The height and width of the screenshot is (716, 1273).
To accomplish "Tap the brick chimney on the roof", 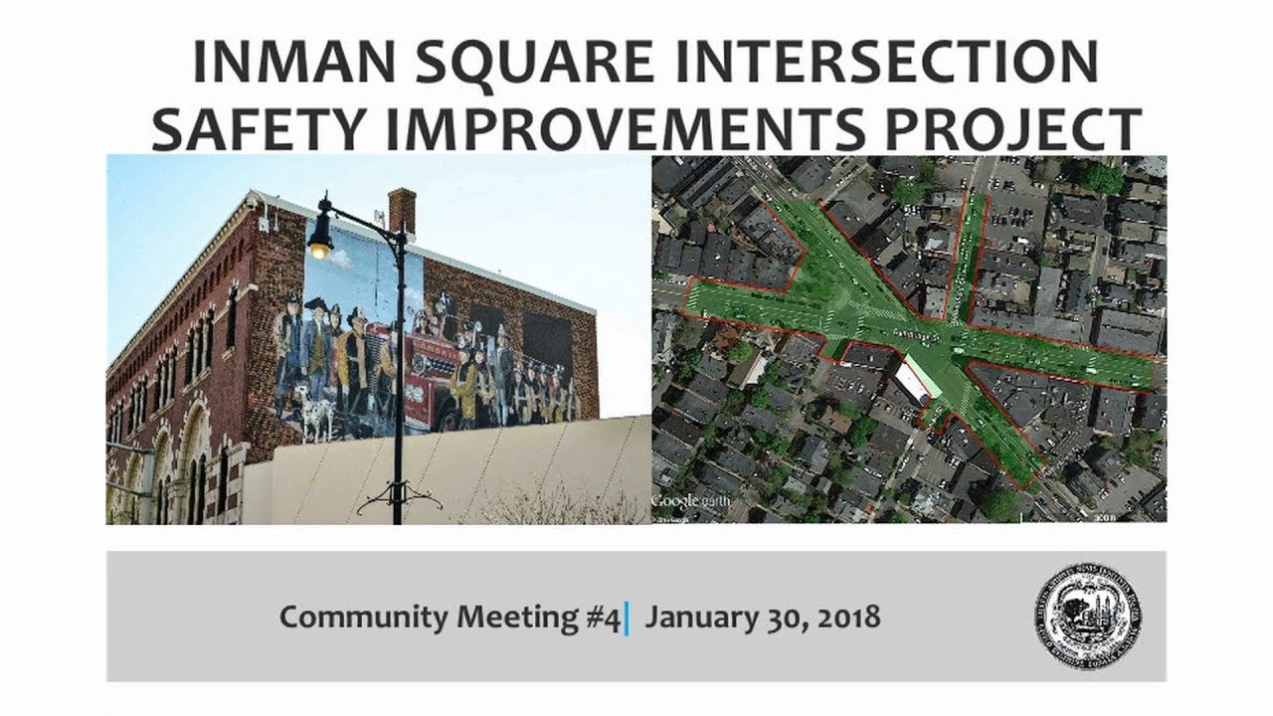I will click(402, 210).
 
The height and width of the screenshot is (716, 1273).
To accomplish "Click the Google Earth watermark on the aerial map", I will click(687, 501).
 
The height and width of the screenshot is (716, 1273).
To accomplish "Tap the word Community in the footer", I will click(364, 618).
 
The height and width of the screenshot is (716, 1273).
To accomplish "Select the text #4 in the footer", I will click(602, 618).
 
